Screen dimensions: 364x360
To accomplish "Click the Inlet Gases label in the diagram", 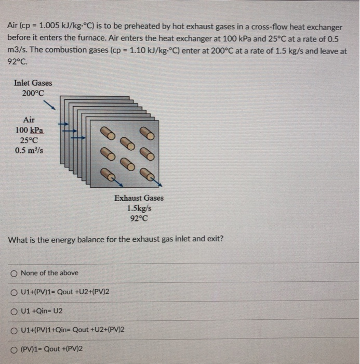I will [33, 83].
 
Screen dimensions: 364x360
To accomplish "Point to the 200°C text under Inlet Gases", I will [33, 93].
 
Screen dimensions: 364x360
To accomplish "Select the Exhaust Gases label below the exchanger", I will [139, 198].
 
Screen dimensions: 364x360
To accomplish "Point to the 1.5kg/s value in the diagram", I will [139, 208].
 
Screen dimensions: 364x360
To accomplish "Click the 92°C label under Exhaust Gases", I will [139, 218].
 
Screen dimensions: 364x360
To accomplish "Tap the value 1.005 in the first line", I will [49, 26].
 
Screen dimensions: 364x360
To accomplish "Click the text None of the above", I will [50, 273].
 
